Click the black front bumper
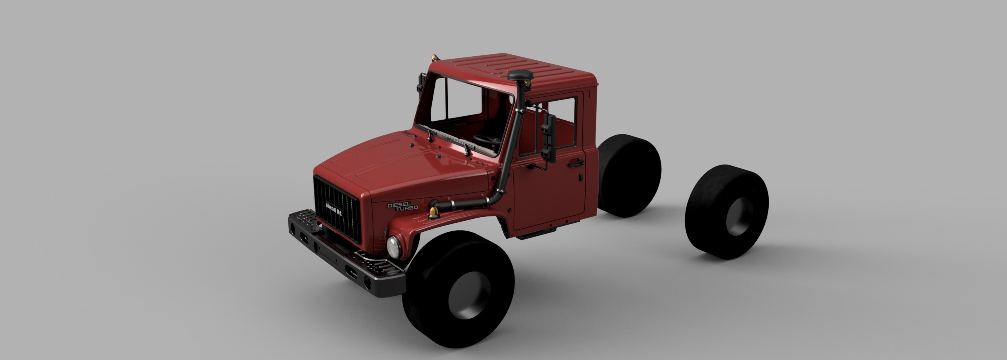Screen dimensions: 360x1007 346,260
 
